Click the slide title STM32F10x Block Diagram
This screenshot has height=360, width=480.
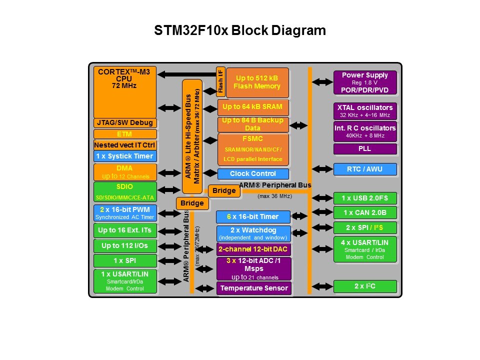pos(240,31)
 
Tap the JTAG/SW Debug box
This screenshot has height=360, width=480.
pos(125,123)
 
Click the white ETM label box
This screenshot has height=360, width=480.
pos(125,134)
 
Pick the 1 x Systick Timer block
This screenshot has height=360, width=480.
pos(125,156)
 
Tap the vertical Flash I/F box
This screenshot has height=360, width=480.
pos(220,80)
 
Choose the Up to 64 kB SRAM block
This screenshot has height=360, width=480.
pos(253,107)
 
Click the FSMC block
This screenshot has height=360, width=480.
pos(253,149)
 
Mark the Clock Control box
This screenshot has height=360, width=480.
pos(253,174)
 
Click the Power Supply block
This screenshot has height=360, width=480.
pos(365,82)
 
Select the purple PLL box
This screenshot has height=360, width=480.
pos(365,149)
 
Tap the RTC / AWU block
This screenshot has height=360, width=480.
pos(365,169)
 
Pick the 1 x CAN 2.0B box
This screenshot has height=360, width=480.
pos(365,212)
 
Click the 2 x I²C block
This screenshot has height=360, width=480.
pos(365,286)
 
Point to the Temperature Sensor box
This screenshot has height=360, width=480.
pos(254,288)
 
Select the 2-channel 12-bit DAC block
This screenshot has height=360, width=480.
pos(254,249)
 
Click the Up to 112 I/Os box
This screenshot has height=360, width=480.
pos(125,246)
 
